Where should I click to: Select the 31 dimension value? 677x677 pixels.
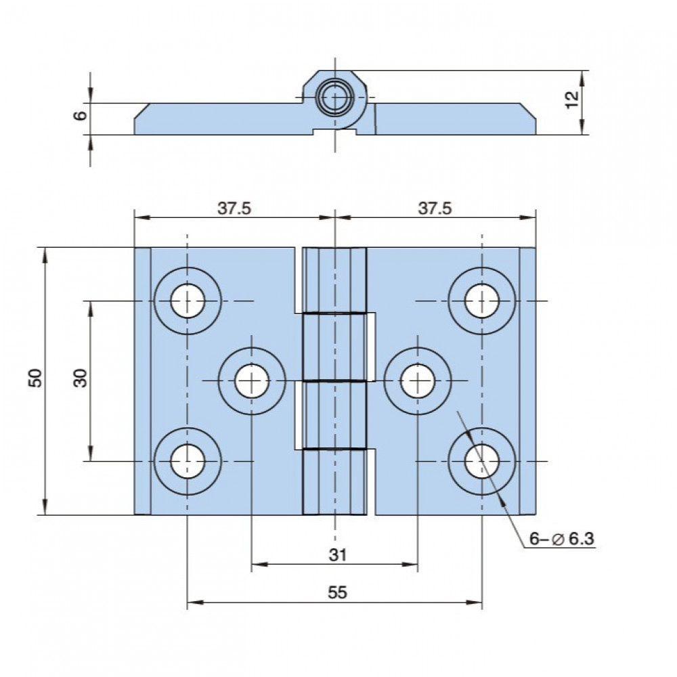click(x=338, y=554)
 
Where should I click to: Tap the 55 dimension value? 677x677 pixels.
click(x=337, y=592)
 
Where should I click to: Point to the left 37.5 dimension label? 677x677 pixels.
click(x=234, y=208)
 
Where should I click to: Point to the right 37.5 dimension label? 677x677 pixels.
click(x=435, y=208)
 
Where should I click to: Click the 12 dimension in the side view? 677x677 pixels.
click(x=572, y=100)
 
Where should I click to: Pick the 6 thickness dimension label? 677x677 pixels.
click(x=81, y=115)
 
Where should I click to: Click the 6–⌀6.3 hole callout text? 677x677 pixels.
click(x=561, y=538)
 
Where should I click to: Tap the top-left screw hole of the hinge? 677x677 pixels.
click(x=188, y=301)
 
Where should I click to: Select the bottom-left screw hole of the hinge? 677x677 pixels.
click(x=188, y=461)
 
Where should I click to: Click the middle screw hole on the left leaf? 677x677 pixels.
click(x=252, y=380)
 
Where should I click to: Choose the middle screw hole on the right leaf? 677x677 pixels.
click(x=418, y=380)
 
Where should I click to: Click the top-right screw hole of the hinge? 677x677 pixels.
click(x=482, y=301)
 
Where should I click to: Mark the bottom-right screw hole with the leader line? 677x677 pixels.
click(x=482, y=461)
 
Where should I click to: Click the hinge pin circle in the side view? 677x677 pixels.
click(x=335, y=97)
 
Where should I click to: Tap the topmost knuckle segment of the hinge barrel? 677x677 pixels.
click(x=334, y=280)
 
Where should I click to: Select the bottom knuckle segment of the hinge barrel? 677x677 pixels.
click(x=334, y=482)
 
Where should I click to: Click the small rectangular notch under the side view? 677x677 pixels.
click(x=334, y=131)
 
